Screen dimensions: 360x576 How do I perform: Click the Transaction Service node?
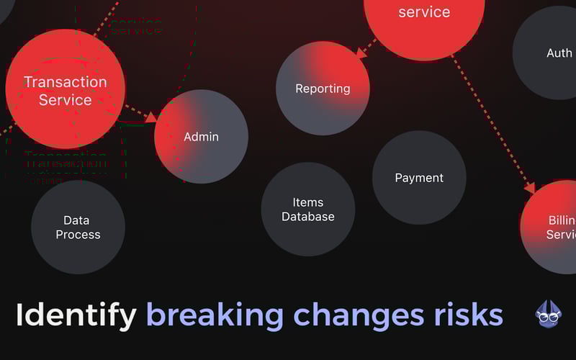65,89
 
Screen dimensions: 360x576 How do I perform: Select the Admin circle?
201,137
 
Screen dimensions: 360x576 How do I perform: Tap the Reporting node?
323,89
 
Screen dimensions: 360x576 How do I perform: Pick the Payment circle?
419,178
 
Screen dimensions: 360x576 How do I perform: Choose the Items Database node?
308,210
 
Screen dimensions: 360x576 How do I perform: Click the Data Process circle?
78,228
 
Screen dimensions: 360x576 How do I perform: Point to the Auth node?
554,53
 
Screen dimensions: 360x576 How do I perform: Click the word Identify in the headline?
76,315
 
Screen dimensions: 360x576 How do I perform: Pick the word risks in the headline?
467,315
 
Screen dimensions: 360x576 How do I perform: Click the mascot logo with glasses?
549,313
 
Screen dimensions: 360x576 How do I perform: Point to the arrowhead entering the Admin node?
151,117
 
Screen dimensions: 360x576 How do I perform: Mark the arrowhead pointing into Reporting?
362,51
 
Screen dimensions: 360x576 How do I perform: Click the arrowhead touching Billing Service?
530,188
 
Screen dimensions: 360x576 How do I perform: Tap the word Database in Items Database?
308,217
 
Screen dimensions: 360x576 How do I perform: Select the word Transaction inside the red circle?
65,82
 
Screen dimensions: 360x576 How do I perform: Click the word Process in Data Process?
78,235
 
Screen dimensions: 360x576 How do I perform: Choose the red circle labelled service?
423,18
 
